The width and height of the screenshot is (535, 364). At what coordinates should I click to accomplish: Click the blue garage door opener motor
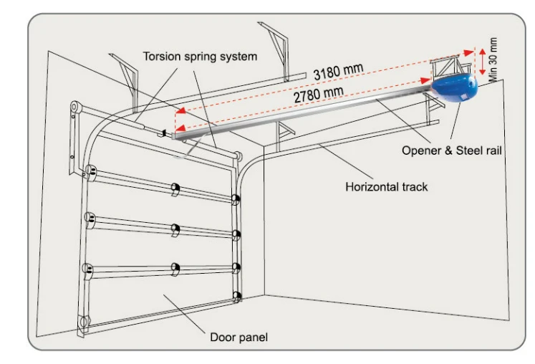454,89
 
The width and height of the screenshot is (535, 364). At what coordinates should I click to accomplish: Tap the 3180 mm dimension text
339,72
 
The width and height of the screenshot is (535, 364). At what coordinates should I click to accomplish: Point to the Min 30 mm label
493,59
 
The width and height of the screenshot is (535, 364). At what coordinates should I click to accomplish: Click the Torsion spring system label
200,57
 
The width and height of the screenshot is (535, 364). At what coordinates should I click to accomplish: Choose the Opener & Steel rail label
451,150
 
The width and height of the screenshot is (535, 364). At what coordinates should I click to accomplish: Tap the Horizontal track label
386,187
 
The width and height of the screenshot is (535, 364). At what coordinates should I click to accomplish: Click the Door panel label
238,337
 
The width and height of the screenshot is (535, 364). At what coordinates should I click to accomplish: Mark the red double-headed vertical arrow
482,62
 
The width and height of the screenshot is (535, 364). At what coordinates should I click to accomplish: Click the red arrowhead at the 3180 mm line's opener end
469,52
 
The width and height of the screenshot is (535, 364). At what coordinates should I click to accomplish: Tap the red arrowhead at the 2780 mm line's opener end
425,80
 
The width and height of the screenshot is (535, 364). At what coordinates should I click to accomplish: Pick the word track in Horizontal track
415,187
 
